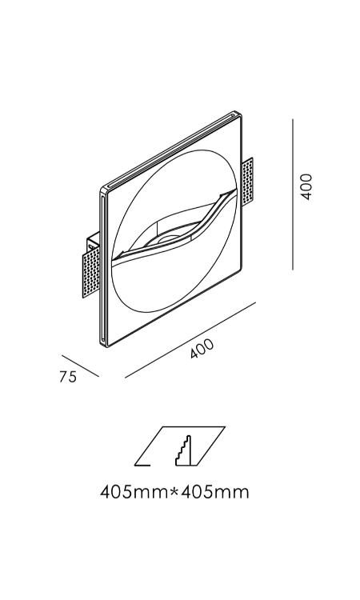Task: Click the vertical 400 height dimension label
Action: (x=306, y=186)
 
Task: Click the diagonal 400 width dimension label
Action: (x=202, y=349)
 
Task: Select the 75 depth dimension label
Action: (x=68, y=377)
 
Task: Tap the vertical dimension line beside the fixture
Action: (x=293, y=194)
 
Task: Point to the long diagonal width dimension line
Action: (x=190, y=340)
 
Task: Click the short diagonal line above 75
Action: (x=80, y=366)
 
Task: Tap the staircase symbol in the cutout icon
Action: (x=184, y=450)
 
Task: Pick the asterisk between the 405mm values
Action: (x=174, y=490)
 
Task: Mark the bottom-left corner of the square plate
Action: (x=104, y=346)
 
